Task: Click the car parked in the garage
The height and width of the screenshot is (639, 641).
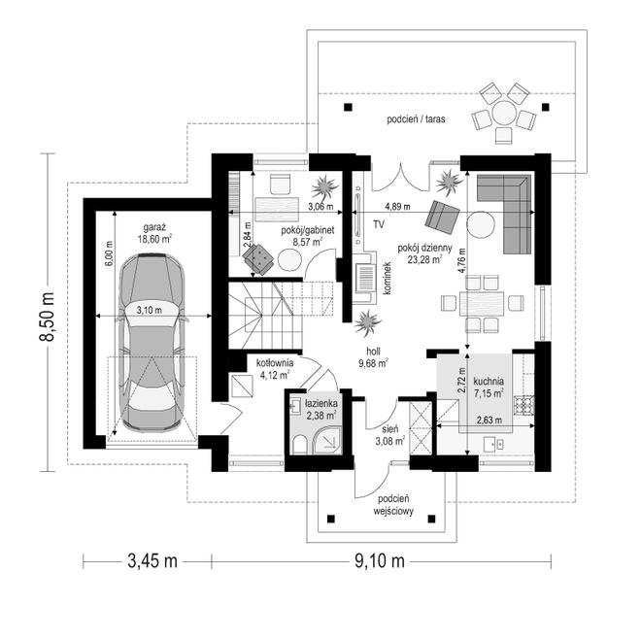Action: point(152,343)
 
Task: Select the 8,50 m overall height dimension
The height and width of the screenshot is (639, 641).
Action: point(47,316)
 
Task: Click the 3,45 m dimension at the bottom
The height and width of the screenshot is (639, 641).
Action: point(152,561)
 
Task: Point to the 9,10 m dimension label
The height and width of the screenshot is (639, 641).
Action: point(380,561)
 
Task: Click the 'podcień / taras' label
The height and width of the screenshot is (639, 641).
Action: point(416,119)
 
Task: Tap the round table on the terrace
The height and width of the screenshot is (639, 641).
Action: point(504,113)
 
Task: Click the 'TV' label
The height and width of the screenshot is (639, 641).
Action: point(378,224)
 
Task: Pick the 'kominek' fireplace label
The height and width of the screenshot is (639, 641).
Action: point(388,278)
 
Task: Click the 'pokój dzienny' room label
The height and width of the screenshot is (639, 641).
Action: point(425,248)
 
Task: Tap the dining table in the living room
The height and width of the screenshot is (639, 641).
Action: point(482,303)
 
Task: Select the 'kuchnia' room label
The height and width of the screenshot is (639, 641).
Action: point(489,382)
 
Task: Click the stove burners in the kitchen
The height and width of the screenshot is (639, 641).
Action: point(524,405)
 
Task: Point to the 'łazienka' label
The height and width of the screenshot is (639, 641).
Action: point(320,404)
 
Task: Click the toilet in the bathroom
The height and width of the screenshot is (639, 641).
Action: point(299,445)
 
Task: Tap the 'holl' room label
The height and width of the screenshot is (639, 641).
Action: point(373,352)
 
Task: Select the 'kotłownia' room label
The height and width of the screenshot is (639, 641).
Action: point(275,362)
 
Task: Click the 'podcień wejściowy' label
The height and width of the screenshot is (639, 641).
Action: point(393,505)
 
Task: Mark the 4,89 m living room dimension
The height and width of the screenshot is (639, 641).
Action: point(397,207)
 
